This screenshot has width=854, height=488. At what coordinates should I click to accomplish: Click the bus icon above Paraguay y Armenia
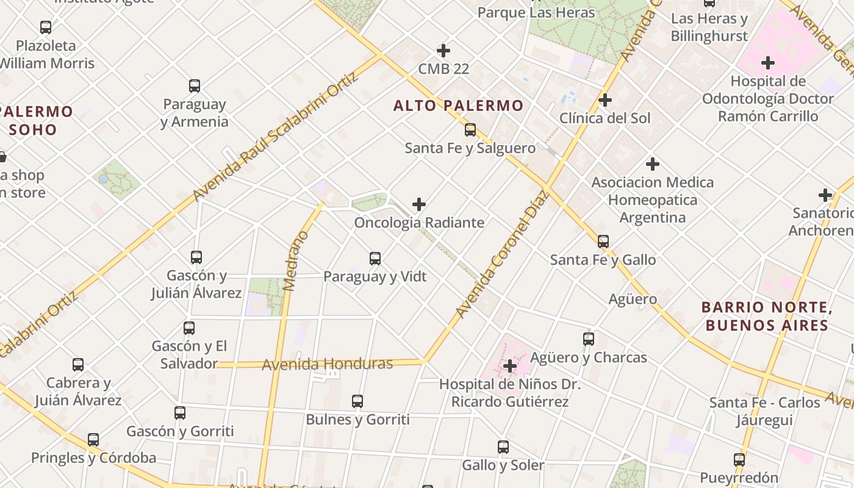point(195,86)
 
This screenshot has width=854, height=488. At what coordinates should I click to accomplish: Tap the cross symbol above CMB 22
point(443,51)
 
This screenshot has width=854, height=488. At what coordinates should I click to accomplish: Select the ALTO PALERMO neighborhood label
point(458,106)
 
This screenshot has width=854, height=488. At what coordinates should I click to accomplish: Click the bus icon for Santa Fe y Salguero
point(470,130)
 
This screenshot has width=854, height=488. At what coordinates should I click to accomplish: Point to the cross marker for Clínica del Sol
point(605,100)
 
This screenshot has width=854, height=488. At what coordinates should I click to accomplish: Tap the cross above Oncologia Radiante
point(419,204)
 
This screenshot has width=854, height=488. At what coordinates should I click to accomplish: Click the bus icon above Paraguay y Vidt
point(375,259)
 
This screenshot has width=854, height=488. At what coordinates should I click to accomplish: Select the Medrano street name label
point(297,260)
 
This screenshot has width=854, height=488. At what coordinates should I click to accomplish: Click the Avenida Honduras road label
point(327,365)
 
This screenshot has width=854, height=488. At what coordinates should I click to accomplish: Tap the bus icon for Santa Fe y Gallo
point(603,242)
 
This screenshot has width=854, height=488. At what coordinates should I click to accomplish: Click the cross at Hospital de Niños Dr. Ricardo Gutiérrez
point(510,367)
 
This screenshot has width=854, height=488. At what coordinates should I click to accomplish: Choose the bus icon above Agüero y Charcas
point(589,339)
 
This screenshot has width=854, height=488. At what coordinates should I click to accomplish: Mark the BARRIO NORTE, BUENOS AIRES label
point(767,316)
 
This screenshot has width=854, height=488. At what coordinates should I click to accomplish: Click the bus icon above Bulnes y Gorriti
point(357,401)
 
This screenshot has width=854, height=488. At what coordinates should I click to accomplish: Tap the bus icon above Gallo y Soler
point(503,447)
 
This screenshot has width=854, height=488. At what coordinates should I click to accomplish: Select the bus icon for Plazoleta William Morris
point(46,27)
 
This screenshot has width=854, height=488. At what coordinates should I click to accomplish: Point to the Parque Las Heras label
point(536,12)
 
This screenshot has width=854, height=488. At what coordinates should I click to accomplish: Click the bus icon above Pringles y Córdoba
point(93,440)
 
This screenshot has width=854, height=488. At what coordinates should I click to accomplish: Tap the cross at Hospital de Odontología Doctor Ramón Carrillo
point(768,63)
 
